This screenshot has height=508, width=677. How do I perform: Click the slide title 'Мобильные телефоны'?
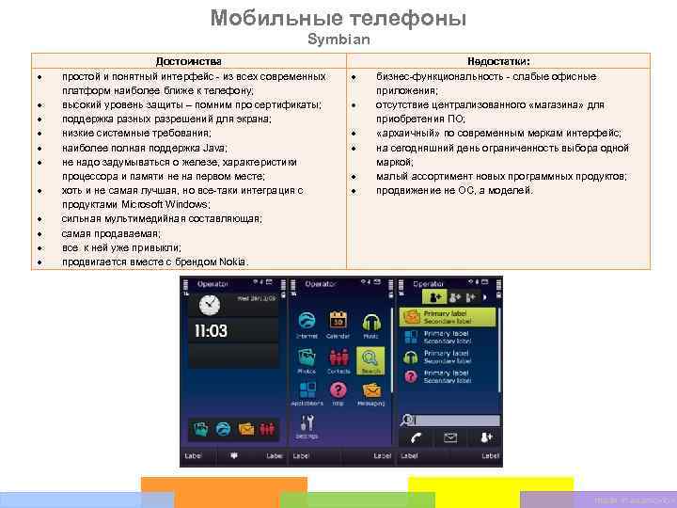338,18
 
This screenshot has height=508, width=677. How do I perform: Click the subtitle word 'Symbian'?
338,40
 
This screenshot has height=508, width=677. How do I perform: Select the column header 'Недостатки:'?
497,61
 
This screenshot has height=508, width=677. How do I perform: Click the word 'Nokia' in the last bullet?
234,261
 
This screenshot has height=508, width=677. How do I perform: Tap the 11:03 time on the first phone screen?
212,330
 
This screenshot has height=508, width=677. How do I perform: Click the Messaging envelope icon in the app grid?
370,391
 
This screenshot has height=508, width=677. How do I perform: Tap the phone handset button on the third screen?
416,437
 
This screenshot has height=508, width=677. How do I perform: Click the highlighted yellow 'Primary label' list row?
449,318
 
